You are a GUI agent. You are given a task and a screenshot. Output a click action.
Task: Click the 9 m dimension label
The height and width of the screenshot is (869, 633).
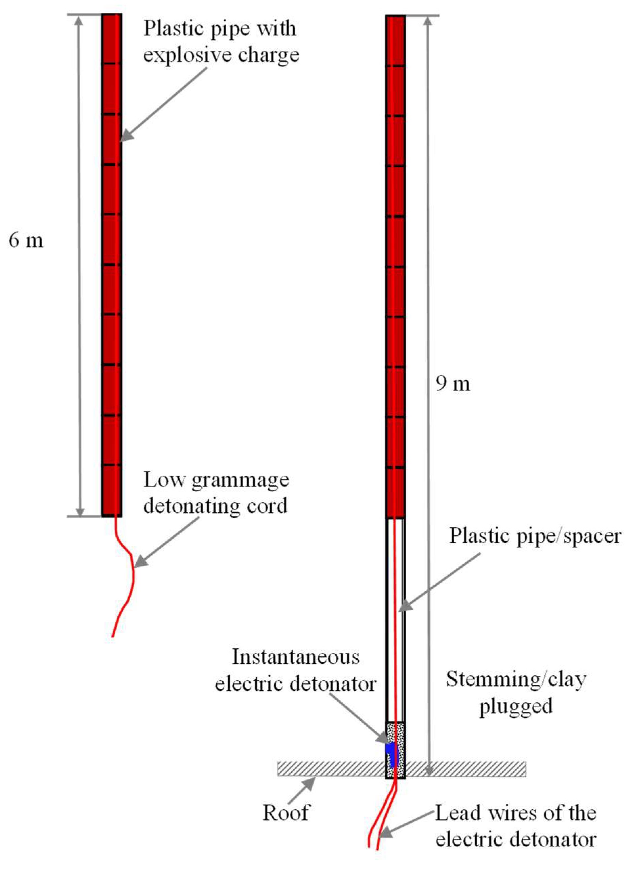[452, 383]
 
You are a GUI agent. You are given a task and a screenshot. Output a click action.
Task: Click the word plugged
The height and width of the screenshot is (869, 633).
[516, 706]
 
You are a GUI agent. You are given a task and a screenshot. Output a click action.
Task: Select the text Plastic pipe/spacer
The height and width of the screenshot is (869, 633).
[535, 536]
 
